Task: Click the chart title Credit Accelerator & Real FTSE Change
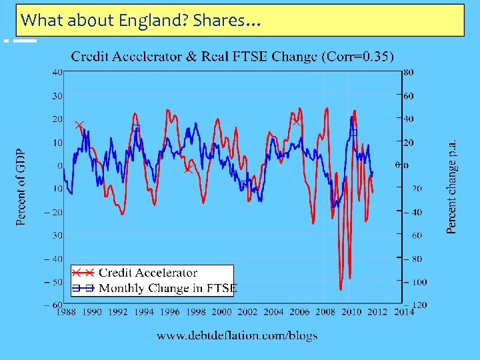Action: [193, 56]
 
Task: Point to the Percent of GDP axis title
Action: [21, 187]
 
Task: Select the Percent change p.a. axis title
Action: [451, 187]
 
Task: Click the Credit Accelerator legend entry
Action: [147, 273]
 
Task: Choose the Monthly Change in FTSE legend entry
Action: [167, 288]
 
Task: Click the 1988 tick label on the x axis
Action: [65, 311]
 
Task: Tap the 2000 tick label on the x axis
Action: [221, 311]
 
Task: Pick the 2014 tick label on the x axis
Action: [403, 311]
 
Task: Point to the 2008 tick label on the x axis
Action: [325, 311]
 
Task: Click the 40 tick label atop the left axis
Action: [58, 72]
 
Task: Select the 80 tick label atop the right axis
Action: [408, 72]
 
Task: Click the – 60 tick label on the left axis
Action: [55, 305]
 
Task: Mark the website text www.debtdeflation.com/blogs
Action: [237, 335]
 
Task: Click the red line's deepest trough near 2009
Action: [341, 289]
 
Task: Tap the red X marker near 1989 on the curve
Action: [79, 125]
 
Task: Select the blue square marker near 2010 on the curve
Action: [354, 132]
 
